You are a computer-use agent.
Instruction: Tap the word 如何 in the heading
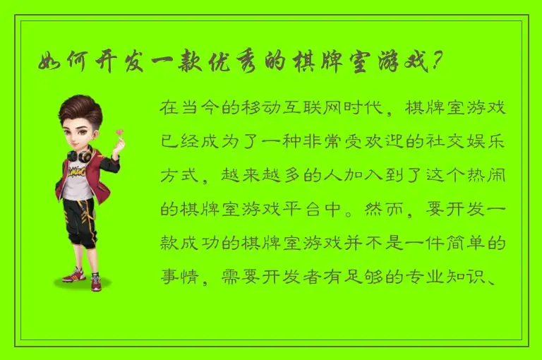(62, 64)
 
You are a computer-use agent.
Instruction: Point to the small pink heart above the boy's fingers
(119, 131)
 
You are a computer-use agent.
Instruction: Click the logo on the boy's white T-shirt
(77, 172)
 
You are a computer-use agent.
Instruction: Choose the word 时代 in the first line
(368, 109)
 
